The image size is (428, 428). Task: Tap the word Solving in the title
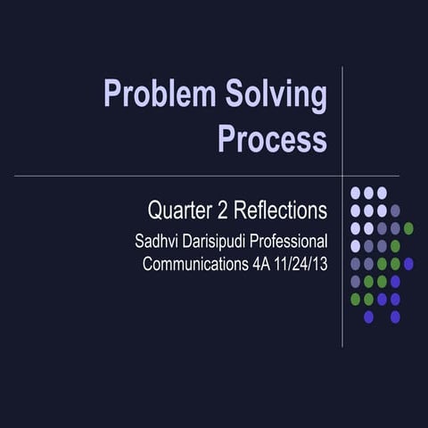coord(277,94)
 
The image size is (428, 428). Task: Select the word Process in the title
coord(272,139)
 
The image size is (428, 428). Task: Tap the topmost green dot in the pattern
coord(408,228)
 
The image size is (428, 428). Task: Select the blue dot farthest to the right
coord(408,263)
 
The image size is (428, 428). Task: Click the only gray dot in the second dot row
coord(395,210)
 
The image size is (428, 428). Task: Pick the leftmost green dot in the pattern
coord(355,299)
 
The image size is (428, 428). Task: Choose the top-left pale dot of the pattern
coord(355,193)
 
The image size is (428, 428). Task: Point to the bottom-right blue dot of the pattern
coord(395,317)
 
